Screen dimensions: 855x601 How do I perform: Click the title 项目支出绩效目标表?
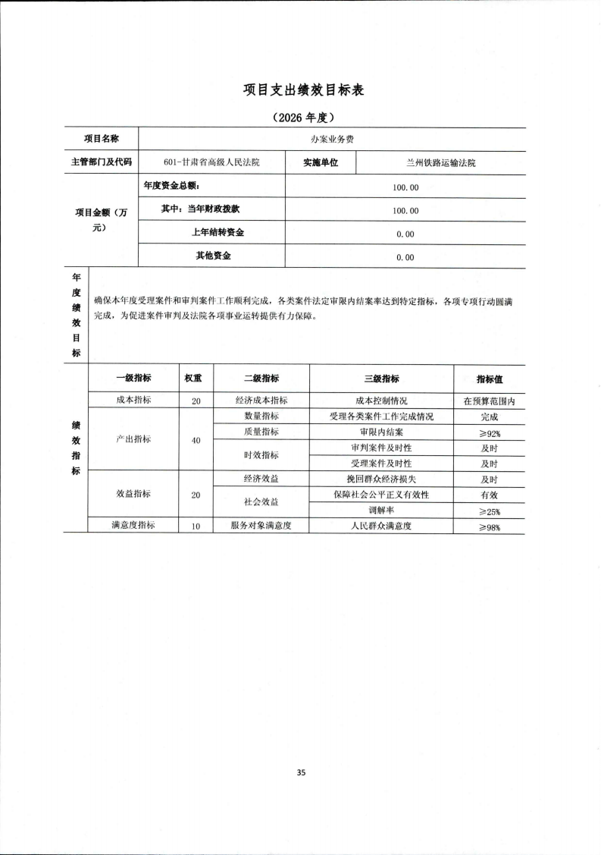[304, 90]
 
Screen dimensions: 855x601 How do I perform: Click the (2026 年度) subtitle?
[303, 118]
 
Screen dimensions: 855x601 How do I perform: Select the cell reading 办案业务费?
[332, 140]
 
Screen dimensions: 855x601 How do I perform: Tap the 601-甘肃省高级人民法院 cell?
[211, 162]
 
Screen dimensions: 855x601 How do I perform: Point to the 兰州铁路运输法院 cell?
[440, 162]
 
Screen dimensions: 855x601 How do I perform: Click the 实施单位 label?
[321, 162]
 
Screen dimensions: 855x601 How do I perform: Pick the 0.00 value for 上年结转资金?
[405, 234]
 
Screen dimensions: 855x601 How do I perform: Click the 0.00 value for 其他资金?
[405, 257]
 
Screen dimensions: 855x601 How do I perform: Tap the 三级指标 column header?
[381, 379]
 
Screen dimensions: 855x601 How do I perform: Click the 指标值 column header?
[489, 379]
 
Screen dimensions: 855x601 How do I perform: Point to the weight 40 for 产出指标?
[196, 440]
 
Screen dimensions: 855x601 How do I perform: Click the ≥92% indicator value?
[489, 432]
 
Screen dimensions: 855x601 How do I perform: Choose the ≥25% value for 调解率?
[489, 511]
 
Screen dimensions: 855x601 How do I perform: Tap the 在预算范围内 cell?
[489, 401]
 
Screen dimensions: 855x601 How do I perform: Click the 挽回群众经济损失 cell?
[381, 479]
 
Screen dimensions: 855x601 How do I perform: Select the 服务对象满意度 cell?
[261, 526]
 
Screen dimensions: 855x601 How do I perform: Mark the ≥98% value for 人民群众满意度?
[489, 527]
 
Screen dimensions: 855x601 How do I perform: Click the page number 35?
[301, 772]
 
